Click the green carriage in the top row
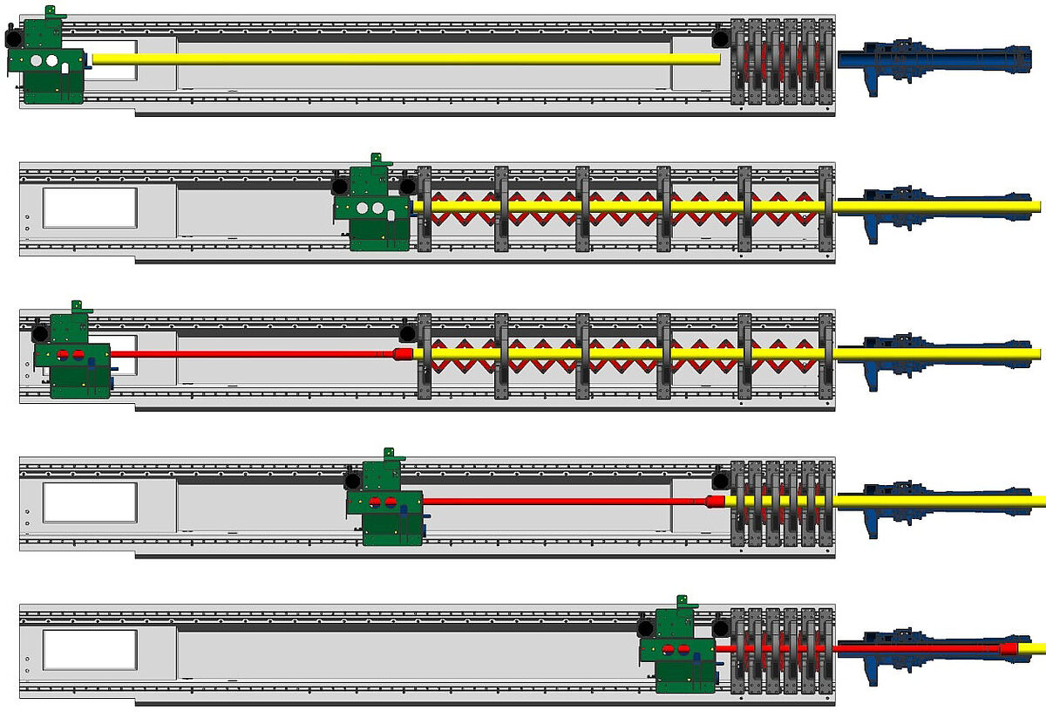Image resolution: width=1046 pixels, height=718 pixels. [x=48, y=65]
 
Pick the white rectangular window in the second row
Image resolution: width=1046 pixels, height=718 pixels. [x=90, y=208]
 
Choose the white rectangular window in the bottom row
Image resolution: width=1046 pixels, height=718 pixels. [x=90, y=650]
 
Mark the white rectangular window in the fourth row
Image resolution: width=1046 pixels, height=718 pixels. [x=90, y=503]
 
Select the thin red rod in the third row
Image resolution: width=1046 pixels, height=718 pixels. [x=253, y=353]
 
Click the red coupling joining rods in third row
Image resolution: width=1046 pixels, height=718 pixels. [x=403, y=353]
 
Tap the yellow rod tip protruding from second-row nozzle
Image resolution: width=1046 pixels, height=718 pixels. [x=1033, y=206]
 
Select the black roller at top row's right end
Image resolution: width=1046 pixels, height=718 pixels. [x=720, y=38]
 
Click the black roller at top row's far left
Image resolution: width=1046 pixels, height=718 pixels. [x=11, y=38]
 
